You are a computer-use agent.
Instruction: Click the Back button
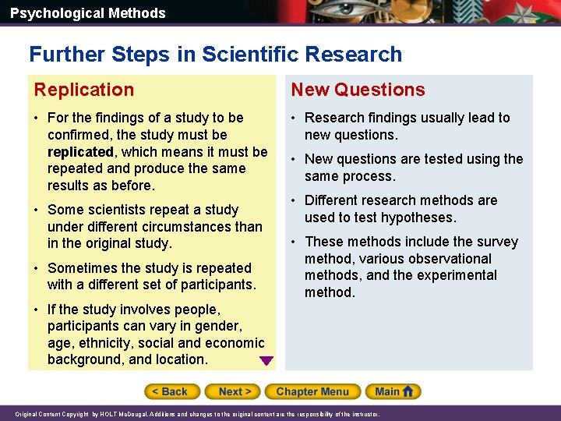[171, 391]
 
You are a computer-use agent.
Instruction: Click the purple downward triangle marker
[266, 361]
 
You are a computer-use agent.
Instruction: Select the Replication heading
[84, 90]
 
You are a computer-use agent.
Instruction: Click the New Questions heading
[358, 90]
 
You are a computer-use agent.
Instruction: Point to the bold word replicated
[80, 151]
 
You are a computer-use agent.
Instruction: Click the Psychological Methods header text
[87, 13]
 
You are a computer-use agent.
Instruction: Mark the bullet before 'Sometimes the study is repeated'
[37, 268]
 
